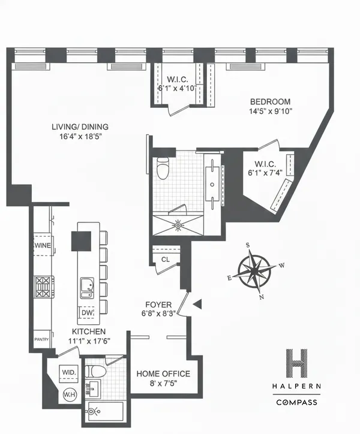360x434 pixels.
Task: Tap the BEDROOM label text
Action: [270, 101]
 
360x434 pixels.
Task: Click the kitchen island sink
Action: [86, 287]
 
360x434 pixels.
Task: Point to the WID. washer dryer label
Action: [68, 372]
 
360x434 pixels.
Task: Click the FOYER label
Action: [158, 304]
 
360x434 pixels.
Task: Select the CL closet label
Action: [165, 260]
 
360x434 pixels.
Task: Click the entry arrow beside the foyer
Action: [197, 306]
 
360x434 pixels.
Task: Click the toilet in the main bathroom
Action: [161, 170]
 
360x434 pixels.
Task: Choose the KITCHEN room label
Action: [89, 331]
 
